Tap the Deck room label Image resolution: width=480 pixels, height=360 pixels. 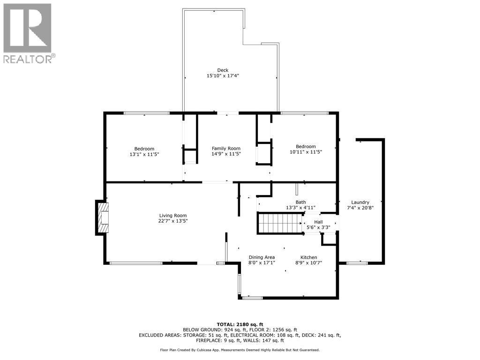click(223, 70)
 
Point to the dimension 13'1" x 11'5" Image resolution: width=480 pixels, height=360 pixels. click(144, 154)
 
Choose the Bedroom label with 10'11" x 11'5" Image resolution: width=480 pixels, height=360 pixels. click(306, 146)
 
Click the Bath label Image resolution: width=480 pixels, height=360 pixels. click(300, 202)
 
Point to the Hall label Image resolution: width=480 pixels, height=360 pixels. click(318, 222)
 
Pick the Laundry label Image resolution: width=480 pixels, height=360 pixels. click(360, 202)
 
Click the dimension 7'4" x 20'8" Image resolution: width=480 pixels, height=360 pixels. click(360, 208)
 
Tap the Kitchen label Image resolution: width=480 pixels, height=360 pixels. click(309, 257)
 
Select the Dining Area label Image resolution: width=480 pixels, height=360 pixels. click(262, 257)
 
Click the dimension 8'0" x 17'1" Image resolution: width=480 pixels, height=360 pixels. click(262, 263)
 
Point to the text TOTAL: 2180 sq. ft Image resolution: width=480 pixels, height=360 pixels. click(240, 324)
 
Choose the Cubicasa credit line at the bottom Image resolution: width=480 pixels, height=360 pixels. click(240, 350)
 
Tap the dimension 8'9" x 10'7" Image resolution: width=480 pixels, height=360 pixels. click(309, 263)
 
